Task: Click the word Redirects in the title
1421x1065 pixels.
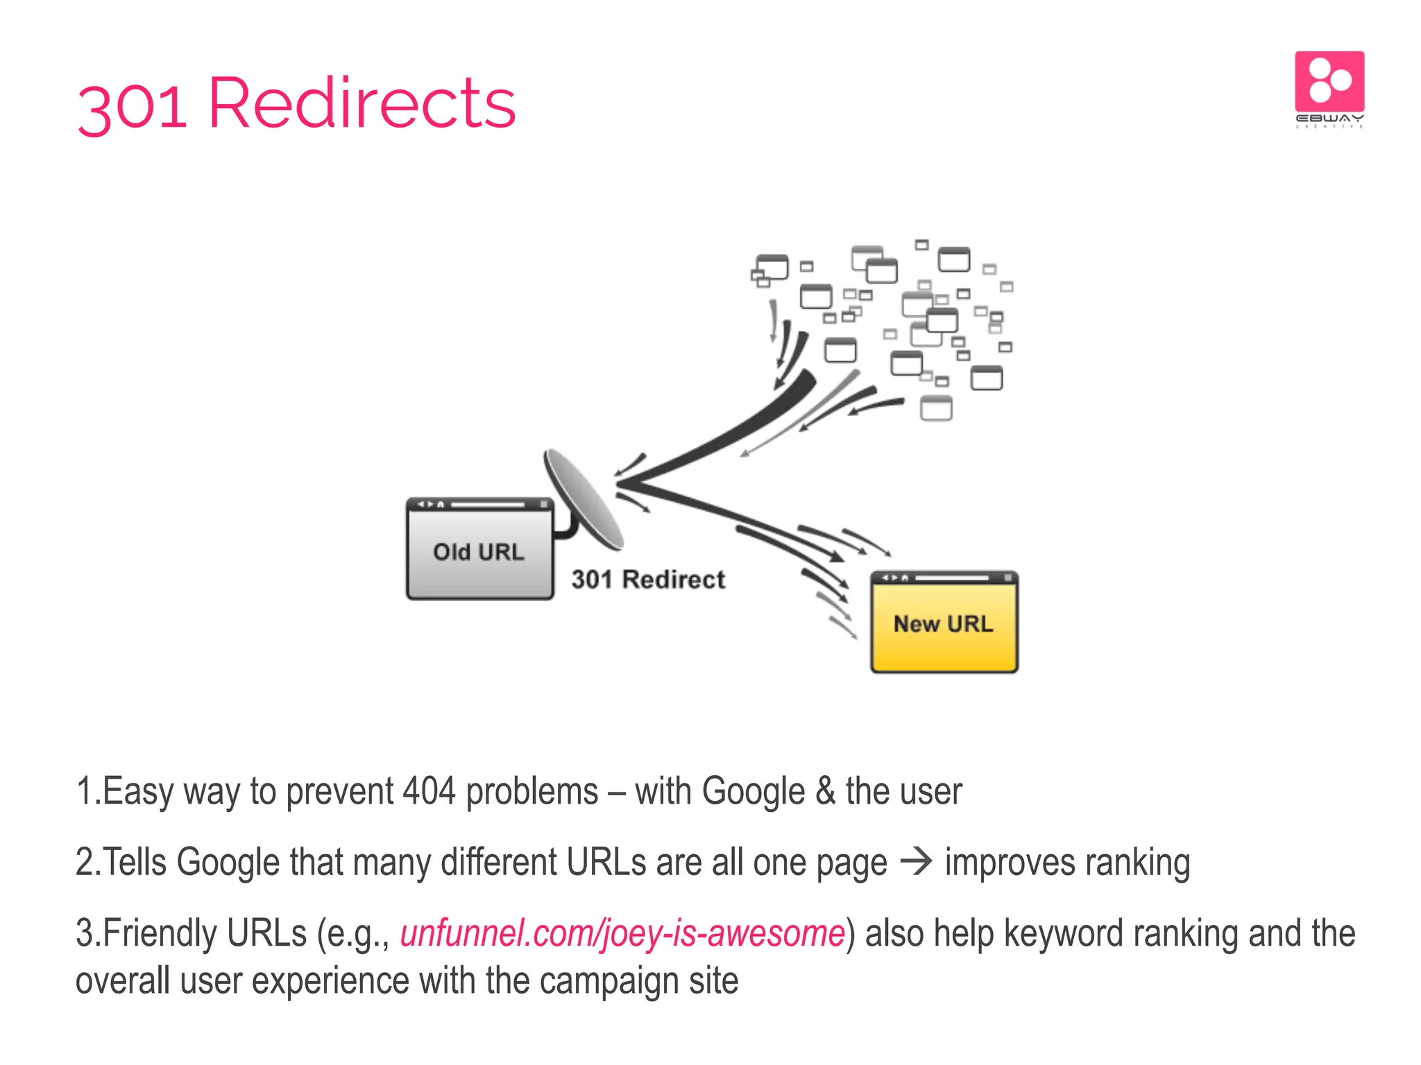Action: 361,104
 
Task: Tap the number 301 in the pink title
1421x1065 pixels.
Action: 132,107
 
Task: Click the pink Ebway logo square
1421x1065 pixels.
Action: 1329,82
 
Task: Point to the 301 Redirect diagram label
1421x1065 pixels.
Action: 648,580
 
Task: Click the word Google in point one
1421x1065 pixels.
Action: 754,791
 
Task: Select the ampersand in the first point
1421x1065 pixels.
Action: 825,791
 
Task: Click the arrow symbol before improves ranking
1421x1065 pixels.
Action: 916,862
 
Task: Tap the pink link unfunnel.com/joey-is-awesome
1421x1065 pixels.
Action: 622,933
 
